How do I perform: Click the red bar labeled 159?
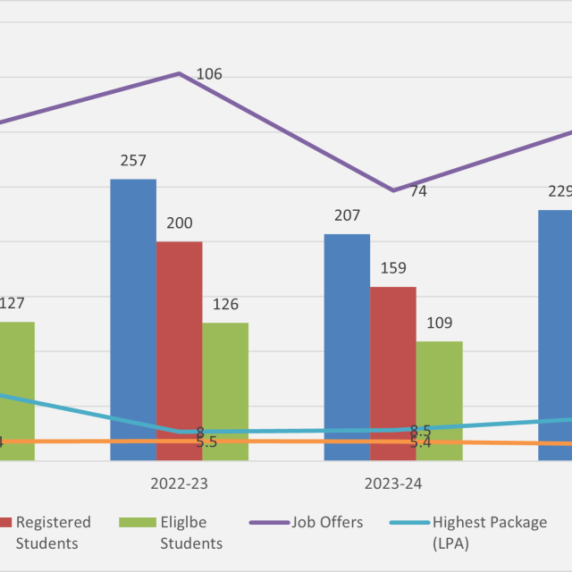click(392, 362)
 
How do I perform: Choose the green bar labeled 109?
click(439, 389)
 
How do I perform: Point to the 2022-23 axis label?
click(179, 484)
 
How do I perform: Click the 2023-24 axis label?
click(392, 484)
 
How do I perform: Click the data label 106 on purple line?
click(208, 74)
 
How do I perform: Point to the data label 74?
click(418, 191)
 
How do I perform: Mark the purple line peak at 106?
click(180, 73)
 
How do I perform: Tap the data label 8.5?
click(421, 430)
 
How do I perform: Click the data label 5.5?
click(206, 442)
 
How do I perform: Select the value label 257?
click(133, 161)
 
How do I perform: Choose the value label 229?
click(560, 191)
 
